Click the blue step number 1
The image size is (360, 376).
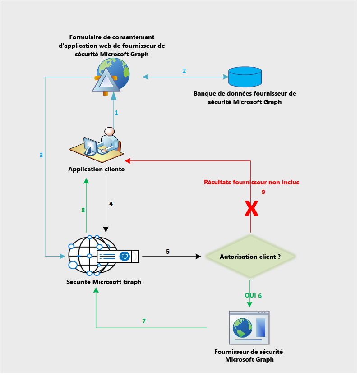point(116,113)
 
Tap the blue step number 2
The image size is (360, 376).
point(184,71)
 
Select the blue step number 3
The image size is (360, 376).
point(41,155)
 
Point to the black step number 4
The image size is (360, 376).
point(111,204)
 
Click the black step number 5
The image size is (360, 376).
point(168,251)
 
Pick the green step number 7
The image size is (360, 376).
point(144,321)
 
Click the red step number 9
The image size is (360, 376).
point(263,192)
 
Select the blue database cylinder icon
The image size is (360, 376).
point(245,77)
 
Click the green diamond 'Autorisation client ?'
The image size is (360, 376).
point(250,257)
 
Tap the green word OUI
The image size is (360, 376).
point(250,296)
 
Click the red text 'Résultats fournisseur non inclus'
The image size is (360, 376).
point(251,183)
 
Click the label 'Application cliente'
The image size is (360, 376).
point(96,170)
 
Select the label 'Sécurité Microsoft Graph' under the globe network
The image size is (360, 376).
point(103,282)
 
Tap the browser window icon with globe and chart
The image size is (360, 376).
point(249,327)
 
